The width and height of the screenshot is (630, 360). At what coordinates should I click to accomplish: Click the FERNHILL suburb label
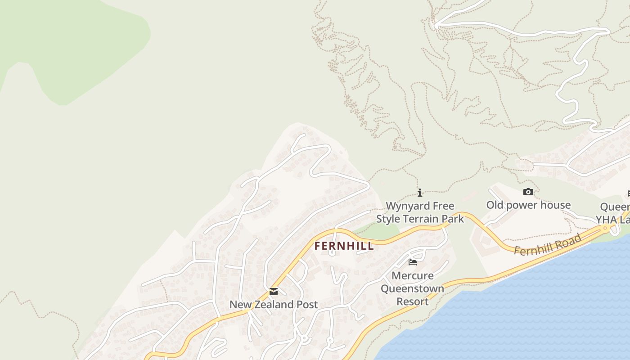pyautogui.click(x=344, y=246)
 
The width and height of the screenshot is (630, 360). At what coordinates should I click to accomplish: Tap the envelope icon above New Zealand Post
pyautogui.click(x=274, y=292)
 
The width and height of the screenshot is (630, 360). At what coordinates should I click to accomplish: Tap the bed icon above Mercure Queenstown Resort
pyautogui.click(x=413, y=262)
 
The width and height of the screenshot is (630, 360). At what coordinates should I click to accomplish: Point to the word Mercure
pyautogui.click(x=413, y=275)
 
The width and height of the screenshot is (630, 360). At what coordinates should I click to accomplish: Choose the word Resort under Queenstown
pyautogui.click(x=413, y=301)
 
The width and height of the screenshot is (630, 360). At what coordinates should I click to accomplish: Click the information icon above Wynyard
pyautogui.click(x=420, y=193)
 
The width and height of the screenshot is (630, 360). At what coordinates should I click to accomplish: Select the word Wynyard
pyautogui.click(x=407, y=206)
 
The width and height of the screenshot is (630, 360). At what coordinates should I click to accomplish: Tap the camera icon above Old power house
pyautogui.click(x=528, y=192)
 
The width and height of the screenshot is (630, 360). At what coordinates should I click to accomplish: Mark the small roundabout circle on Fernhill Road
pyautogui.click(x=605, y=228)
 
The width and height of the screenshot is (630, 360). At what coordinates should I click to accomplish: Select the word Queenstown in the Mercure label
pyautogui.click(x=413, y=288)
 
